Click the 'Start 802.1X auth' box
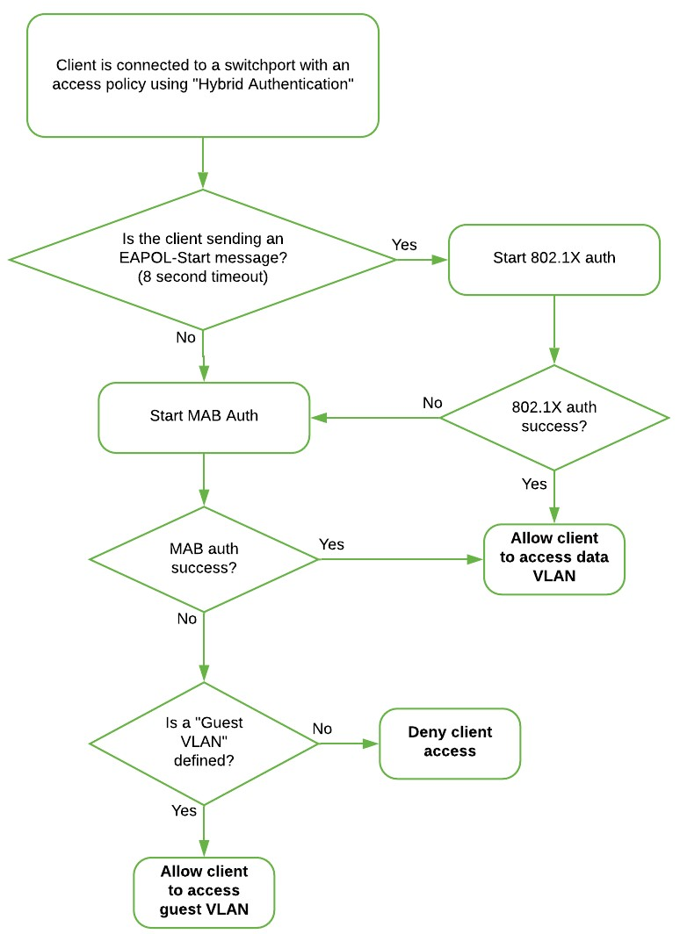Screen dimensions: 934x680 click(553, 260)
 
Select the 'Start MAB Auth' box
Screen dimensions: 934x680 click(204, 416)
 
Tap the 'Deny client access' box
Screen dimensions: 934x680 click(449, 742)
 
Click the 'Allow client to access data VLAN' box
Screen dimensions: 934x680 click(553, 558)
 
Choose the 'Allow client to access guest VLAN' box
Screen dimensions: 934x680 click(204, 890)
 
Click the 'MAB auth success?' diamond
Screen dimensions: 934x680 click(204, 558)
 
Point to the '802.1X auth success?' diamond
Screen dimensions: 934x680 click(553, 417)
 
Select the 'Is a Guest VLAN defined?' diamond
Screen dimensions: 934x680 click(204, 743)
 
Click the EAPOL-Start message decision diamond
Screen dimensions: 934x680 click(203, 259)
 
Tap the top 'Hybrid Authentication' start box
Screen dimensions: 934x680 click(203, 75)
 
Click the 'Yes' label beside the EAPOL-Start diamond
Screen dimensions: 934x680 click(404, 245)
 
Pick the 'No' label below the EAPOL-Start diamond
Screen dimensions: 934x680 click(186, 337)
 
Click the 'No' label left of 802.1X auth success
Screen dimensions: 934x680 click(432, 403)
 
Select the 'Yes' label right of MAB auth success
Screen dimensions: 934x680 click(331, 544)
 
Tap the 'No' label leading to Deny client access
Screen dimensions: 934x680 click(322, 729)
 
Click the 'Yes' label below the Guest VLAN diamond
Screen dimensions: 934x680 click(184, 810)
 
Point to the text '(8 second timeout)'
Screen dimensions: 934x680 click(203, 275)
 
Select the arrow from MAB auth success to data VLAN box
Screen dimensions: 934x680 click(400, 558)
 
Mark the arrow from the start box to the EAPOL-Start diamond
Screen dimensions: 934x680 click(203, 162)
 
